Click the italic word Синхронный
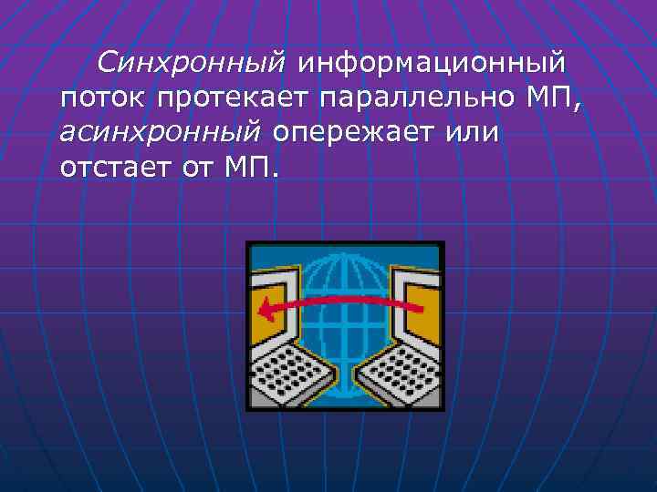[192, 63]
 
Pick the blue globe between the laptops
[344, 273]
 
